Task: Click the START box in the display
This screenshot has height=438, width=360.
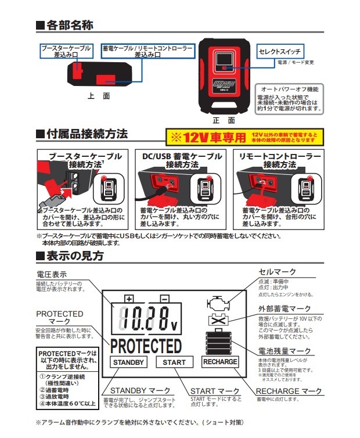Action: tap(174, 362)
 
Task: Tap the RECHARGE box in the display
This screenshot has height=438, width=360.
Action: tap(220, 362)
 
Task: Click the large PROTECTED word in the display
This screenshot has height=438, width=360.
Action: tap(146, 346)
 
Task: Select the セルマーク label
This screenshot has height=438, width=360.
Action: tap(277, 272)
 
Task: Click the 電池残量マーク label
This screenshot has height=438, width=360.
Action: tap(285, 351)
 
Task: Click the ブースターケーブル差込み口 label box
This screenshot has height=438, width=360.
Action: tap(64, 51)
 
